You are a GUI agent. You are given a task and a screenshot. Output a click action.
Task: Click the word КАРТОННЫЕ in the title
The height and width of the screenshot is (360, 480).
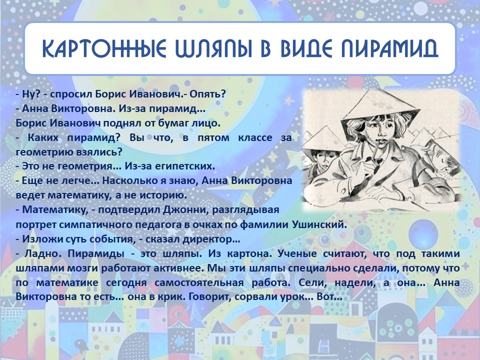[104, 48]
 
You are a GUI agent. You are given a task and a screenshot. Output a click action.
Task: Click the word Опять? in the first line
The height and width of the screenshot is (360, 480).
[207, 94]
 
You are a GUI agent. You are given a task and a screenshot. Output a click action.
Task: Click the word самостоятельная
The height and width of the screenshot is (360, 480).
[199, 282]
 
